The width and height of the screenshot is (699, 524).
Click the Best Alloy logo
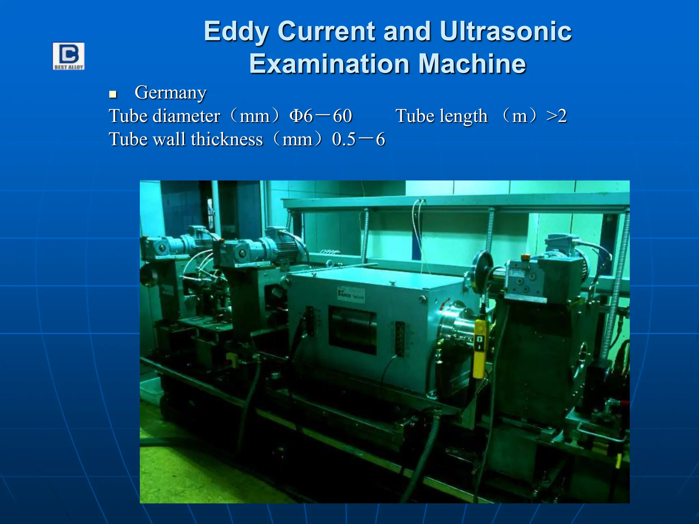pyautogui.click(x=69, y=56)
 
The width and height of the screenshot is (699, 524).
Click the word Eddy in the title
pyautogui.click(x=236, y=31)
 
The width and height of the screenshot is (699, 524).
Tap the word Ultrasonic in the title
pyautogui.click(x=505, y=31)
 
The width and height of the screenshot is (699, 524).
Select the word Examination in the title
pyautogui.click(x=329, y=64)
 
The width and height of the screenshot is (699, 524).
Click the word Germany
pyautogui.click(x=170, y=93)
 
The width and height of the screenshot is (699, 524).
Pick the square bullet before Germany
pyautogui.click(x=113, y=94)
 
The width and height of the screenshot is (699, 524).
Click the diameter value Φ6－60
pyautogui.click(x=320, y=116)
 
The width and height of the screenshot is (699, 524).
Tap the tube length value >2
pyautogui.click(x=556, y=116)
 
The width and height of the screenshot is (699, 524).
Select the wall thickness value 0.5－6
pyautogui.click(x=358, y=139)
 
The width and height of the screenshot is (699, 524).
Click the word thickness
pyautogui.click(x=227, y=139)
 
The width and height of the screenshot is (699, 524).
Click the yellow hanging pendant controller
pyautogui.click(x=479, y=348)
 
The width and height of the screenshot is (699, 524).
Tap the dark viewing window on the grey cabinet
pyautogui.click(x=352, y=330)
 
